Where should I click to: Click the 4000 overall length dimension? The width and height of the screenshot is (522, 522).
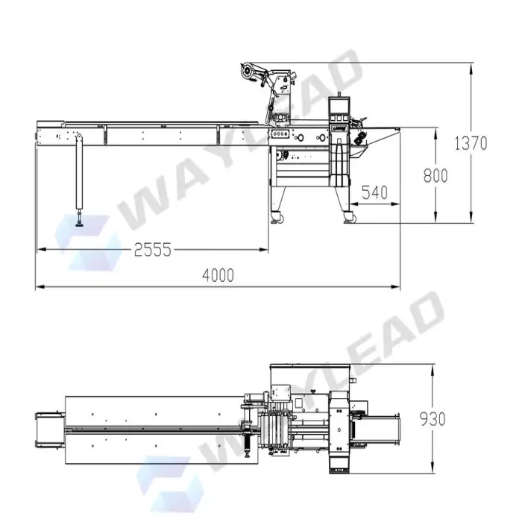pos(218,276)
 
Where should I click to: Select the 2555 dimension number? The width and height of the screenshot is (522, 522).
pos(152,250)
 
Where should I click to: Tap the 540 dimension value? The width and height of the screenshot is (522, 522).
pos(374,192)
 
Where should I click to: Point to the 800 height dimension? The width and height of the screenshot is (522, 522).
pos(435,175)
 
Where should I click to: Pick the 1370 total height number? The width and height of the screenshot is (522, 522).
pos(471,143)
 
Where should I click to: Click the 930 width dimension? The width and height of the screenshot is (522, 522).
pos(433,419)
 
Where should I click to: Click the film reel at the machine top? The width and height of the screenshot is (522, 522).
pos(247,71)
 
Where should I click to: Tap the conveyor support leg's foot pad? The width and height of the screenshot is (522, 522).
pos(79,224)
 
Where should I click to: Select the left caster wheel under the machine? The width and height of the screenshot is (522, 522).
pos(280,219)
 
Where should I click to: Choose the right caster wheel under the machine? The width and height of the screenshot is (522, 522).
pos(353,219)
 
